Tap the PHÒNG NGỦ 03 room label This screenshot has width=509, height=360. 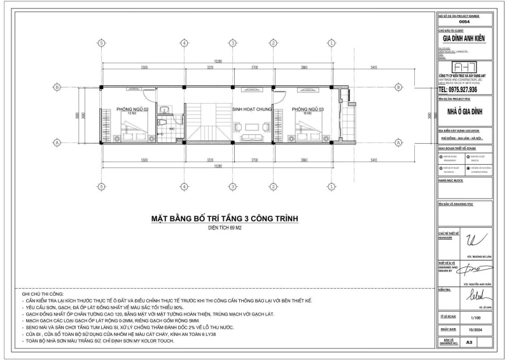tap(308, 109)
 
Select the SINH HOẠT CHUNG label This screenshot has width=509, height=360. tap(252, 109)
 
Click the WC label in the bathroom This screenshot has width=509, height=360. tap(171, 128)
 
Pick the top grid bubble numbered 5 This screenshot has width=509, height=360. tap(101, 43)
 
